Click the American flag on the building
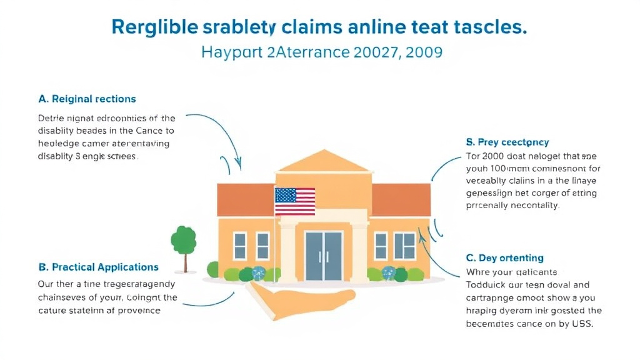click(295, 201)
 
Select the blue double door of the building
click(323, 256)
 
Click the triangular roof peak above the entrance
click(323, 161)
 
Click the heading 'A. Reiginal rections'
click(87, 99)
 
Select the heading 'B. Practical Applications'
click(99, 267)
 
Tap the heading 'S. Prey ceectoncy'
click(507, 142)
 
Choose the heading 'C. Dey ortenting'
click(504, 257)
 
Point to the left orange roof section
click(244, 198)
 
